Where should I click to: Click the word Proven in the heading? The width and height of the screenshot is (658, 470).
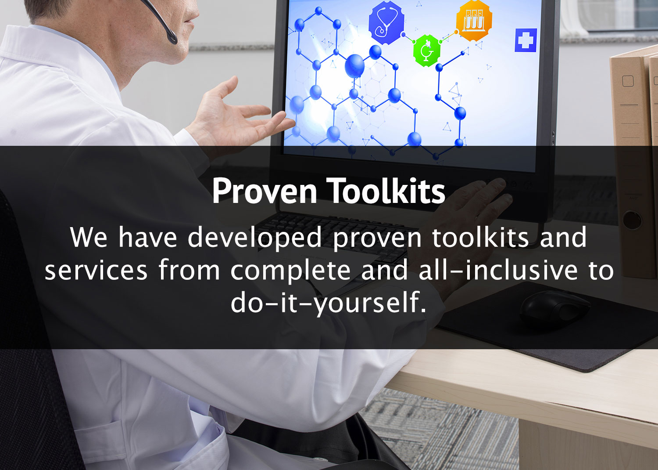(265, 191)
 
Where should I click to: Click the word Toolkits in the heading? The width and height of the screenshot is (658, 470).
(386, 190)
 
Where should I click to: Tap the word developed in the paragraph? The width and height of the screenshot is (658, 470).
(255, 238)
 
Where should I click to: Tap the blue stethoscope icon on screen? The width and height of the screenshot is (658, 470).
(386, 22)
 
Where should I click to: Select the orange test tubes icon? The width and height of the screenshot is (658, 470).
(474, 21)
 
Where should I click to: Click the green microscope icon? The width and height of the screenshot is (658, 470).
(426, 51)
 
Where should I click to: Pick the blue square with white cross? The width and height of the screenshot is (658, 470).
(526, 40)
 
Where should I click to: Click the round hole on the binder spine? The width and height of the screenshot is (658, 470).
(632, 220)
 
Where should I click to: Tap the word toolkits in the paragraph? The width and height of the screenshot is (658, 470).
(481, 237)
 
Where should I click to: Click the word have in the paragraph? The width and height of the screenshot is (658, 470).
(148, 237)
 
